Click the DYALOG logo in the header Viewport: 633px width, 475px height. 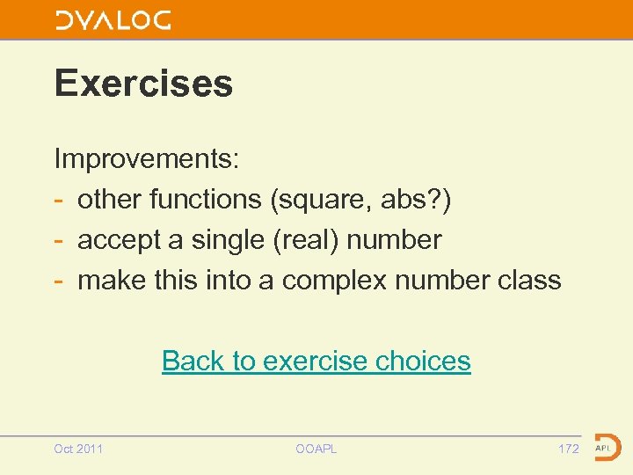[x=113, y=20]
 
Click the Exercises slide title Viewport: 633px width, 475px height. [x=143, y=84]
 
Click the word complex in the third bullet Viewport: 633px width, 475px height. [x=335, y=281]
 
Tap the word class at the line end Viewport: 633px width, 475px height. [x=529, y=281]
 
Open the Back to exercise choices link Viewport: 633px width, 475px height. [x=316, y=361]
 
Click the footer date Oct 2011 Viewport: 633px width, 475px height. [x=78, y=449]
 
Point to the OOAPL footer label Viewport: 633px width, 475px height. [x=316, y=449]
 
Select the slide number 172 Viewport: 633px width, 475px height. [x=569, y=449]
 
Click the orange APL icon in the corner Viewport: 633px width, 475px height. [x=607, y=447]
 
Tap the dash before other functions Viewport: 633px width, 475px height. [x=60, y=201]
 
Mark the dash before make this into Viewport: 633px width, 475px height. [x=60, y=281]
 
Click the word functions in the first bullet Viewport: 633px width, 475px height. [x=206, y=200]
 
